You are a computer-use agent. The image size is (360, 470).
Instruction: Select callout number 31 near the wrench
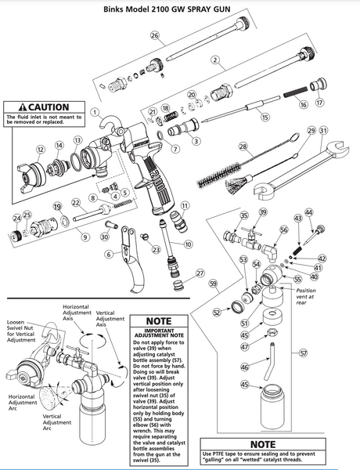coord(324,130)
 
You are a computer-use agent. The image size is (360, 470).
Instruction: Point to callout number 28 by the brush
coord(243,146)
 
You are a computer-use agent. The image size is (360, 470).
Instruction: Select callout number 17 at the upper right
coord(319,102)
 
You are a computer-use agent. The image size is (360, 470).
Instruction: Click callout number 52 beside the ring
coord(216,313)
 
